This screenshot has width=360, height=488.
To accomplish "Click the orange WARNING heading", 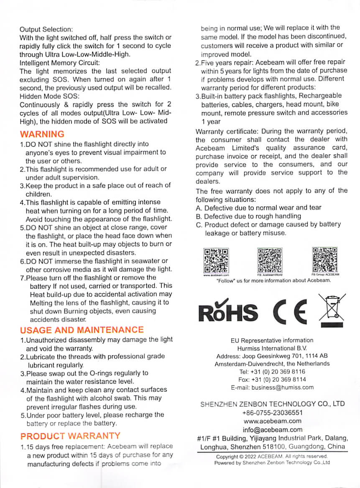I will click(x=42, y=134).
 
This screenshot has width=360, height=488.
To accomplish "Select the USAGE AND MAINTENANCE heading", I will click(x=82, y=330).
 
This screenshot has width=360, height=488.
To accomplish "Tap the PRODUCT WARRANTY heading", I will click(x=70, y=436).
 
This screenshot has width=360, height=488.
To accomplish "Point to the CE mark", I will click(x=289, y=310).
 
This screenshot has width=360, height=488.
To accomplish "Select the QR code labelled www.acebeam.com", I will click(x=216, y=261).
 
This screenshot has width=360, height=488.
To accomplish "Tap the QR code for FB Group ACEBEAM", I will click(x=325, y=260).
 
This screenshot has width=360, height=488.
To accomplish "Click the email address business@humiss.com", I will click(x=272, y=387).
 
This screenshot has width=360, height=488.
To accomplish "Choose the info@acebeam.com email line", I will click(x=272, y=429).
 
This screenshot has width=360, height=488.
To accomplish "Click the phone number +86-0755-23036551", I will click(x=272, y=413).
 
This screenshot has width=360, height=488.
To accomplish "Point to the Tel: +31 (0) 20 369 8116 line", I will click(x=272, y=371).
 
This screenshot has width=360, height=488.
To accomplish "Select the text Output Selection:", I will click(x=46, y=29).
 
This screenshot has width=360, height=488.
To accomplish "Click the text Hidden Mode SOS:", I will click(x=46, y=96).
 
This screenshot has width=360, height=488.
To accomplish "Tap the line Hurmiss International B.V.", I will click(x=272, y=348).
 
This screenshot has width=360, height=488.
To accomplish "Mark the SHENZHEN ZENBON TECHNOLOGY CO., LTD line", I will click(x=272, y=404).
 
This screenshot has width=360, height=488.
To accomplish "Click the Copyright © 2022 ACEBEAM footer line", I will click(x=272, y=456).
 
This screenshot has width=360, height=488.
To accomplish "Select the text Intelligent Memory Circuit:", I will click(x=60, y=63).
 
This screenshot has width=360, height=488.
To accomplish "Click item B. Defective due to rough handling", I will click(x=248, y=216).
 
